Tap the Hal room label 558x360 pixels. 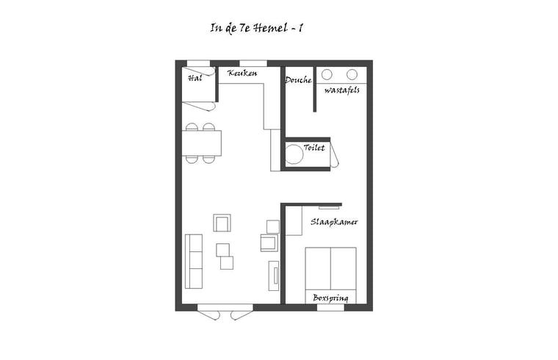click(194, 77)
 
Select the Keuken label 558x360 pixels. click(242, 73)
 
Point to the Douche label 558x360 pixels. click(298, 79)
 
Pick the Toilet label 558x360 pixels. click(314, 148)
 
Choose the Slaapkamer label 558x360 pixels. click(334, 221)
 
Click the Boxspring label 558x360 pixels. click(330, 298)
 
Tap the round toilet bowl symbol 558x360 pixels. click(294, 154)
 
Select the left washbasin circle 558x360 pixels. click(327, 74)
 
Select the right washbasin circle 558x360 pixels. click(352, 74)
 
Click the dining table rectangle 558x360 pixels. click(202, 143)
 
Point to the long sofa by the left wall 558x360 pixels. click(194, 261)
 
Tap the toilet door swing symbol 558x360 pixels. click(334, 154)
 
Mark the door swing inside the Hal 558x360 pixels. click(199, 106)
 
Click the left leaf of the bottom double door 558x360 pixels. click(209, 314)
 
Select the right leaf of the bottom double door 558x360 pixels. click(241, 314)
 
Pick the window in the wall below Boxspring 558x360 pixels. click(330, 307)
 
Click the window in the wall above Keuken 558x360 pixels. click(253, 63)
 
